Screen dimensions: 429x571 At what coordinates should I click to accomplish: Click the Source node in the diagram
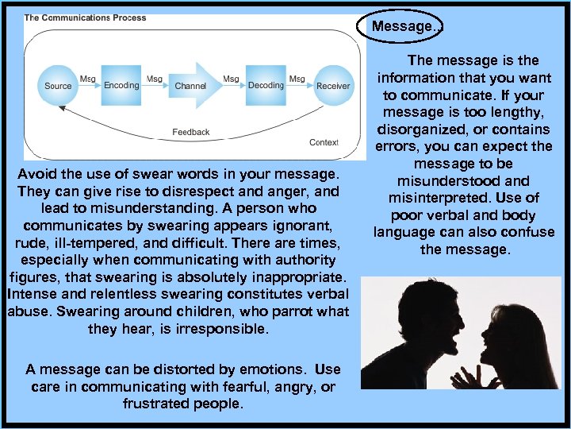pyautogui.click(x=58, y=86)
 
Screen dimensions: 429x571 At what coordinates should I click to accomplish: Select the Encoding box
pyautogui.click(x=121, y=85)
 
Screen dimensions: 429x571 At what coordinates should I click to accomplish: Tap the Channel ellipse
pyautogui.click(x=190, y=86)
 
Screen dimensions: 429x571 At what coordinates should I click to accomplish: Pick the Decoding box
pyautogui.click(x=266, y=85)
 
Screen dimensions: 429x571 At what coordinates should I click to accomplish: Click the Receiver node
pyautogui.click(x=333, y=86)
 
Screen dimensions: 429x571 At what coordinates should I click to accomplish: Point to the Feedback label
pyautogui.click(x=191, y=132)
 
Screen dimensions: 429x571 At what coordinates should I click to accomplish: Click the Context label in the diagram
pyautogui.click(x=324, y=143)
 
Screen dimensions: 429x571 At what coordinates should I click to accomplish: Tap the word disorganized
pyautogui.click(x=420, y=129)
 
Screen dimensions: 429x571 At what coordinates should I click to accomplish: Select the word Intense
pyautogui.click(x=30, y=294)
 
